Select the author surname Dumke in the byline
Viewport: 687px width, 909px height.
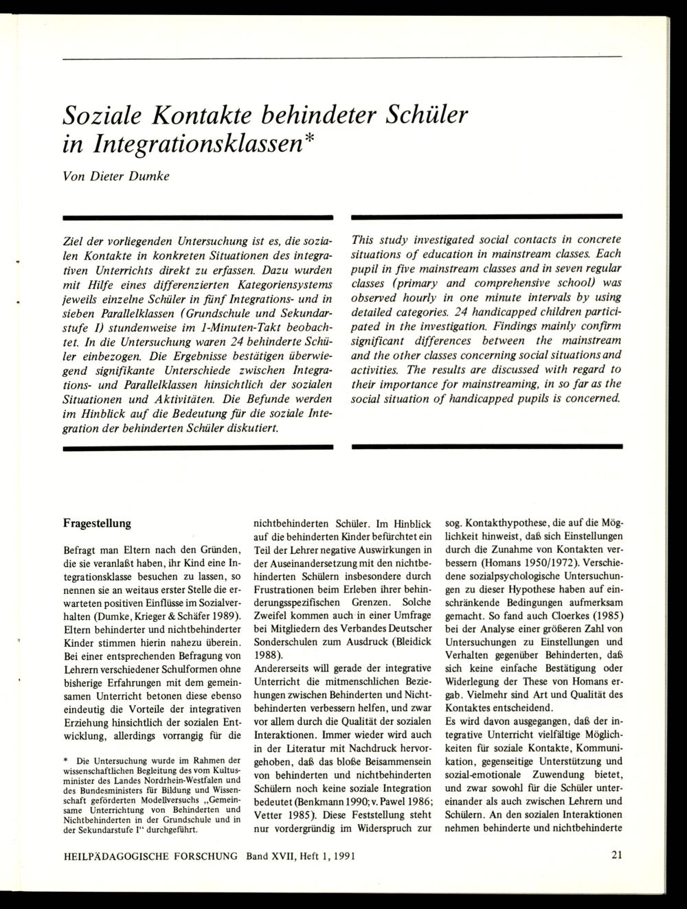pos(151,175)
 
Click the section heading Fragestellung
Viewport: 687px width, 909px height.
pos(97,523)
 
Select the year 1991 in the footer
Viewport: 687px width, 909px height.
pos(340,856)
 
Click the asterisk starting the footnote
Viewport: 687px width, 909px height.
pos(65,762)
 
